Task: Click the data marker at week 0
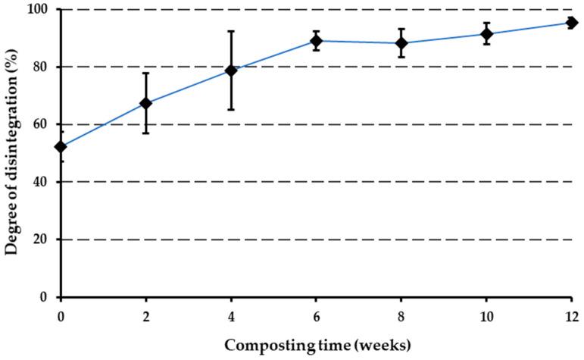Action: tap(61, 146)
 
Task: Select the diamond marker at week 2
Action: tap(146, 103)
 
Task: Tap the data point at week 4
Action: tap(231, 70)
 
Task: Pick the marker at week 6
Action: tap(317, 41)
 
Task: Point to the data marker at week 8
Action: tap(401, 43)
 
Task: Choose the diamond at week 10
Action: tap(486, 34)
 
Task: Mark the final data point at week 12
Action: tap(572, 23)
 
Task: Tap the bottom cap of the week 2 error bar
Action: tap(146, 133)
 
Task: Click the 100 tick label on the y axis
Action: tap(42, 10)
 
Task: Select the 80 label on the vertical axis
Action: tap(45, 67)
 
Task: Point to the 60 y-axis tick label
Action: tap(45, 125)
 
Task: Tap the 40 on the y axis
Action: tap(45, 183)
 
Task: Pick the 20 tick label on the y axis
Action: tap(45, 240)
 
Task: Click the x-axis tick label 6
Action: tap(317, 313)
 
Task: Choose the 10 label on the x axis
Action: tap(486, 313)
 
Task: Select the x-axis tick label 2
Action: tap(146, 313)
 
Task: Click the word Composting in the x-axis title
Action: tap(261, 344)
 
